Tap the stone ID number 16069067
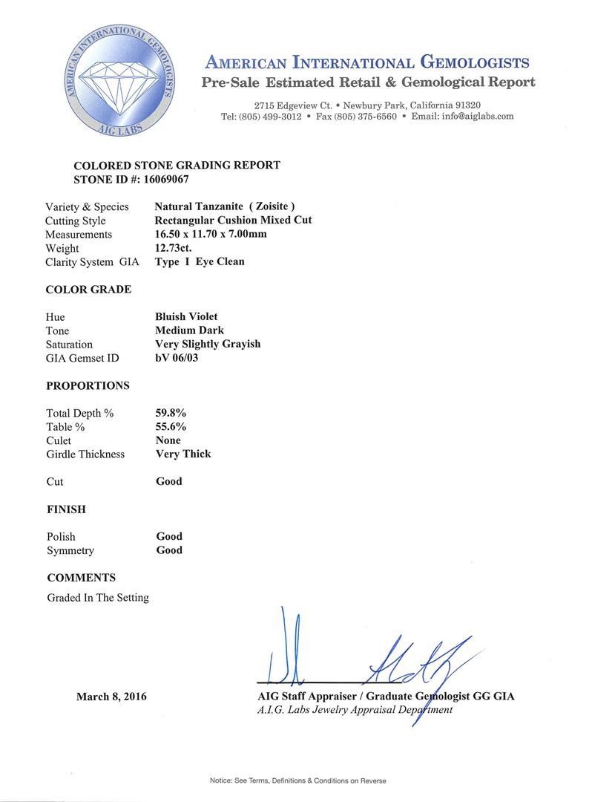tap(169, 179)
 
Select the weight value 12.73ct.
tap(173, 248)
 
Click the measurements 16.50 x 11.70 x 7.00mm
tap(211, 234)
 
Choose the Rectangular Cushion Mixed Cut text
tap(233, 220)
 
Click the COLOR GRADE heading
tap(88, 290)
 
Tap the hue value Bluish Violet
tap(186, 317)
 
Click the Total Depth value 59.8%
tap(171, 413)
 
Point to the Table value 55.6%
tap(171, 426)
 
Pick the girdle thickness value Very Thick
tap(183, 454)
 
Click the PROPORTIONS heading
tap(88, 385)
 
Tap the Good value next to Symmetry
tap(169, 550)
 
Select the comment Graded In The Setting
tap(98, 597)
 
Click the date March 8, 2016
tap(111, 697)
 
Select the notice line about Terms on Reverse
tap(297, 780)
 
